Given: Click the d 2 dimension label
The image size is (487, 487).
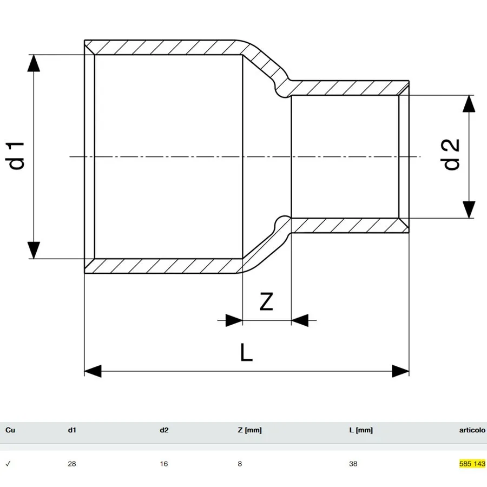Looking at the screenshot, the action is pyautogui.click(x=452, y=154).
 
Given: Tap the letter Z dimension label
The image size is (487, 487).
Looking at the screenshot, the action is pyautogui.click(x=266, y=301).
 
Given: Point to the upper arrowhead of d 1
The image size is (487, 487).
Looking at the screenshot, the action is pyautogui.click(x=34, y=63).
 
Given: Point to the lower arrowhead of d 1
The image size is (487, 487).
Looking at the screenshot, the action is pyautogui.click(x=34, y=250).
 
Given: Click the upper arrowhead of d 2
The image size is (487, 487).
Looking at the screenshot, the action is pyautogui.click(x=469, y=103).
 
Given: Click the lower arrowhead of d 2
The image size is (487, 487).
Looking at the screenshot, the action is pyautogui.click(x=469, y=209).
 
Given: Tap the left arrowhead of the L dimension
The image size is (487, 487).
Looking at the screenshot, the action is pyautogui.click(x=93, y=371).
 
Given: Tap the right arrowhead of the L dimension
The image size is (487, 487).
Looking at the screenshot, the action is pyautogui.click(x=400, y=371).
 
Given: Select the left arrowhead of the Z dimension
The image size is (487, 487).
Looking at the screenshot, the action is pyautogui.click(x=234, y=320).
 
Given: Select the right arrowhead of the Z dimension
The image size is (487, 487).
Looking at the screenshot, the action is pyautogui.click(x=300, y=320).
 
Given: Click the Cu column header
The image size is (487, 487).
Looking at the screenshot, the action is pyautogui.click(x=10, y=430).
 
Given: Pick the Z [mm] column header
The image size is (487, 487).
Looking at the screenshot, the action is pyautogui.click(x=249, y=431).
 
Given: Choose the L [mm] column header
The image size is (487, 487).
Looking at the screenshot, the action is pyautogui.click(x=361, y=431).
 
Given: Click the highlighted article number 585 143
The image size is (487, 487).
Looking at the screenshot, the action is pyautogui.click(x=472, y=464).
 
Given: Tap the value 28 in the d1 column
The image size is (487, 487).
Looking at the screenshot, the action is pyautogui.click(x=72, y=464).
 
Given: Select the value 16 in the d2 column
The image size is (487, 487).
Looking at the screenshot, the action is pyautogui.click(x=164, y=464).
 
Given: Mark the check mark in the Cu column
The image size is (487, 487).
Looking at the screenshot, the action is pyautogui.click(x=8, y=464).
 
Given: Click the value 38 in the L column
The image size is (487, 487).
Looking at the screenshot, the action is pyautogui.click(x=353, y=464).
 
